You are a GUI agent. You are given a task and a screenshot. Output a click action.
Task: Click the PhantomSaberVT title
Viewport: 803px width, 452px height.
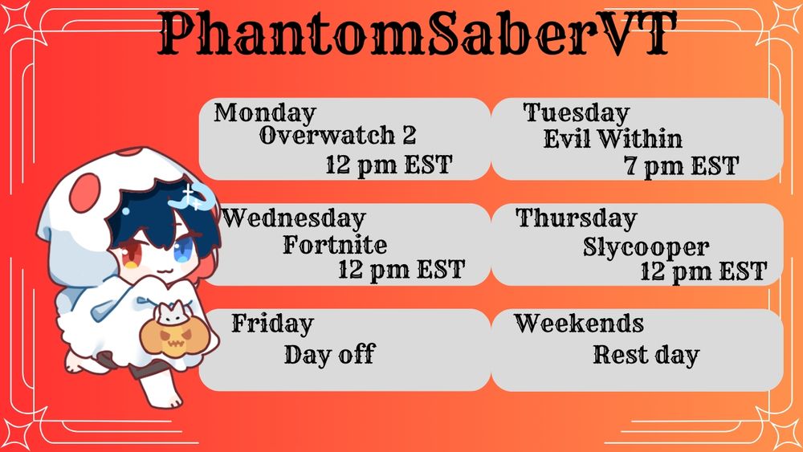pos(417,34)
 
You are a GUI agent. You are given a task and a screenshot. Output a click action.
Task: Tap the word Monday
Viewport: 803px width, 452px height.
pos(265,113)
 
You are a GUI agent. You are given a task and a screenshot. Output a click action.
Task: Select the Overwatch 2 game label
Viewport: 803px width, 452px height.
pos(337,136)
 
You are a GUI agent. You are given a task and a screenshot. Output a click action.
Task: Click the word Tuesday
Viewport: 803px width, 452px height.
pos(576,113)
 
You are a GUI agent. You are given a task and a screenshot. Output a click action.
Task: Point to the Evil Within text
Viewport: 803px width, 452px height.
pos(613,138)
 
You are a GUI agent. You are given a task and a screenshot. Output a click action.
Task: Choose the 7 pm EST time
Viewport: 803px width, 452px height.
pos(681,166)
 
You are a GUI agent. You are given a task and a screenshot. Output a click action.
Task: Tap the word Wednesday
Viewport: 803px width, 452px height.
pos(293,219)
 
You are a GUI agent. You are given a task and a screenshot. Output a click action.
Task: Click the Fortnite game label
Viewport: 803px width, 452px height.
pos(335,244)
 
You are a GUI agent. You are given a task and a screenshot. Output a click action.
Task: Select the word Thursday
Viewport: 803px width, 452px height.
pos(576,218)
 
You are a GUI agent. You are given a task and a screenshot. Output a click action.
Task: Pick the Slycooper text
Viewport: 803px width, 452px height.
pos(646,248)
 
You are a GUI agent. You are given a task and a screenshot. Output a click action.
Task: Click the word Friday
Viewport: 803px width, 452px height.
pos(272,324)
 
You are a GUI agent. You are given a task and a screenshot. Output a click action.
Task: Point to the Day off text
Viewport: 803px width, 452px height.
pos(330,354)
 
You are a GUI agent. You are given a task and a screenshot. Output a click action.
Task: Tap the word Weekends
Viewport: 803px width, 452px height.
pos(579,324)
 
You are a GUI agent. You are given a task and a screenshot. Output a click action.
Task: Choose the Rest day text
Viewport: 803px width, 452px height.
pos(646,355)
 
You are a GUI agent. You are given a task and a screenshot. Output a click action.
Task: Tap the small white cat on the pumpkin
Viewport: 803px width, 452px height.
pos(173,314)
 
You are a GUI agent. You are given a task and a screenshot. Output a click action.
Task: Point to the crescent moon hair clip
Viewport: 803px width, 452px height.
pos(197,197)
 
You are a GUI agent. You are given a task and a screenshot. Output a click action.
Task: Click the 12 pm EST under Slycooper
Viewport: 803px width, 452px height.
pos(703,271)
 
